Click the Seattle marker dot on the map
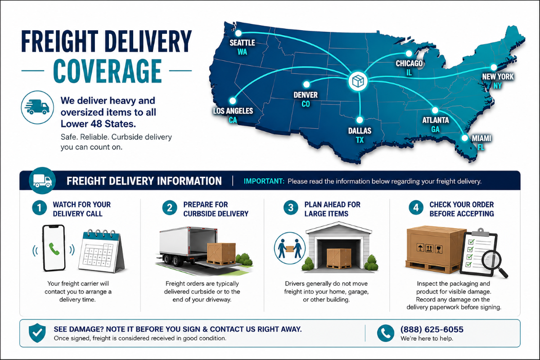[x=238, y=33]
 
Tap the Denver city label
[x=306, y=95]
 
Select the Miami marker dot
[x=464, y=138]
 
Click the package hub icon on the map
[x=358, y=81]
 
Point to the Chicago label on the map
[x=409, y=63]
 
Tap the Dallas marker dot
[x=360, y=120]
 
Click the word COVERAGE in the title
[x=107, y=71]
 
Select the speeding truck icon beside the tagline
[x=37, y=107]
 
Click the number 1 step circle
[x=40, y=207]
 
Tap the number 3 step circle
[x=291, y=207]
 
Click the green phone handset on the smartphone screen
[x=54, y=249]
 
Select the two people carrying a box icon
[x=290, y=248]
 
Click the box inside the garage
[x=339, y=258]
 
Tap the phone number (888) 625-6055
[x=432, y=329]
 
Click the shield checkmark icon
[x=37, y=333]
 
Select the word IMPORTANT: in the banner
[x=264, y=181]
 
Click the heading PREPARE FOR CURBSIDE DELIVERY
[x=216, y=209]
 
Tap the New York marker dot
[x=494, y=67]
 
